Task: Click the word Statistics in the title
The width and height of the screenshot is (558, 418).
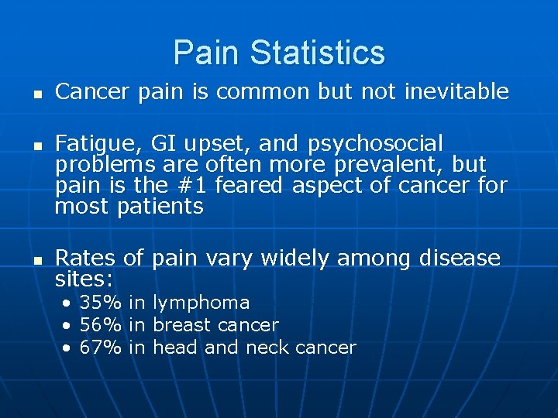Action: tap(317, 53)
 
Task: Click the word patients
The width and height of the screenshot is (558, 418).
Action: tap(160, 207)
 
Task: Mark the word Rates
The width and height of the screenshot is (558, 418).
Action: tap(85, 257)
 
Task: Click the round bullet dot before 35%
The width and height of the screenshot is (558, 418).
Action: tap(68, 303)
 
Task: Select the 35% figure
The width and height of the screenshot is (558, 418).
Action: tap(101, 303)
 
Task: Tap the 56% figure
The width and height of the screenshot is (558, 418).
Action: tap(101, 325)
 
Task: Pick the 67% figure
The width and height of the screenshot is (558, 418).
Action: tap(101, 348)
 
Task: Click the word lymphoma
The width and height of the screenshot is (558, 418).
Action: tap(201, 303)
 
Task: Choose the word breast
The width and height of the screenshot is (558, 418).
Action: tap(183, 325)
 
